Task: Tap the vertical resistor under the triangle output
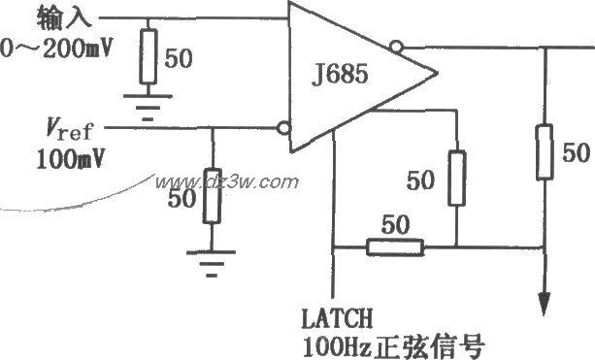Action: pyautogui.click(x=455, y=177)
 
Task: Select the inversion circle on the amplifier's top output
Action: pyautogui.click(x=395, y=46)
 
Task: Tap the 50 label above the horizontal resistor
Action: pyautogui.click(x=395, y=223)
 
